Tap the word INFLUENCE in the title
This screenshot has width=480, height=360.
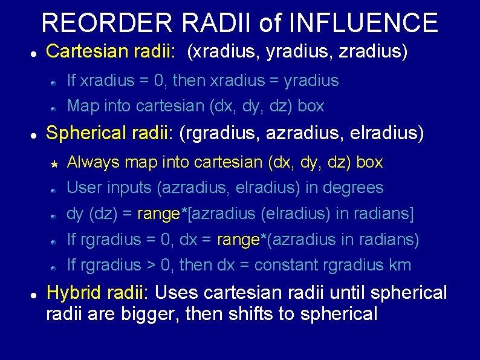click(364, 23)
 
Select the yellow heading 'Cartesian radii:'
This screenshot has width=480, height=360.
click(111, 52)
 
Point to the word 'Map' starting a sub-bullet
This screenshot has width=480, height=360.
click(82, 106)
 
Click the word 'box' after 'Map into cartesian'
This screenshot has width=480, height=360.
click(311, 106)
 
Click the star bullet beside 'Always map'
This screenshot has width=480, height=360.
click(54, 163)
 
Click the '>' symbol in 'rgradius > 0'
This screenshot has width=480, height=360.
click(152, 265)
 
